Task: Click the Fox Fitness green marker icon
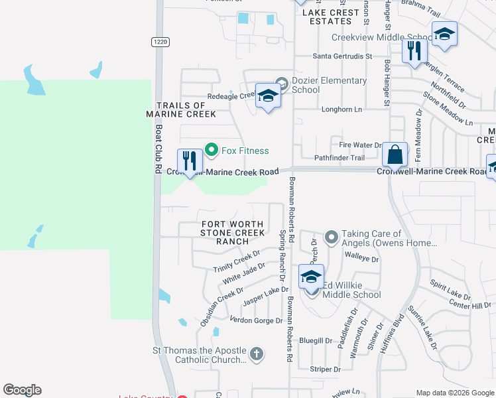(212, 151)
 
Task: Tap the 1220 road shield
(159, 41)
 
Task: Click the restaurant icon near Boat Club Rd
(190, 161)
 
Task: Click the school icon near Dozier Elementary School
(268, 96)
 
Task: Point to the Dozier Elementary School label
(329, 85)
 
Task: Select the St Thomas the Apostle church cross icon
(257, 354)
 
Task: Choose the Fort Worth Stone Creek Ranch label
(233, 233)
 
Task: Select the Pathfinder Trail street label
(339, 158)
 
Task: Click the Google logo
(22, 390)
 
